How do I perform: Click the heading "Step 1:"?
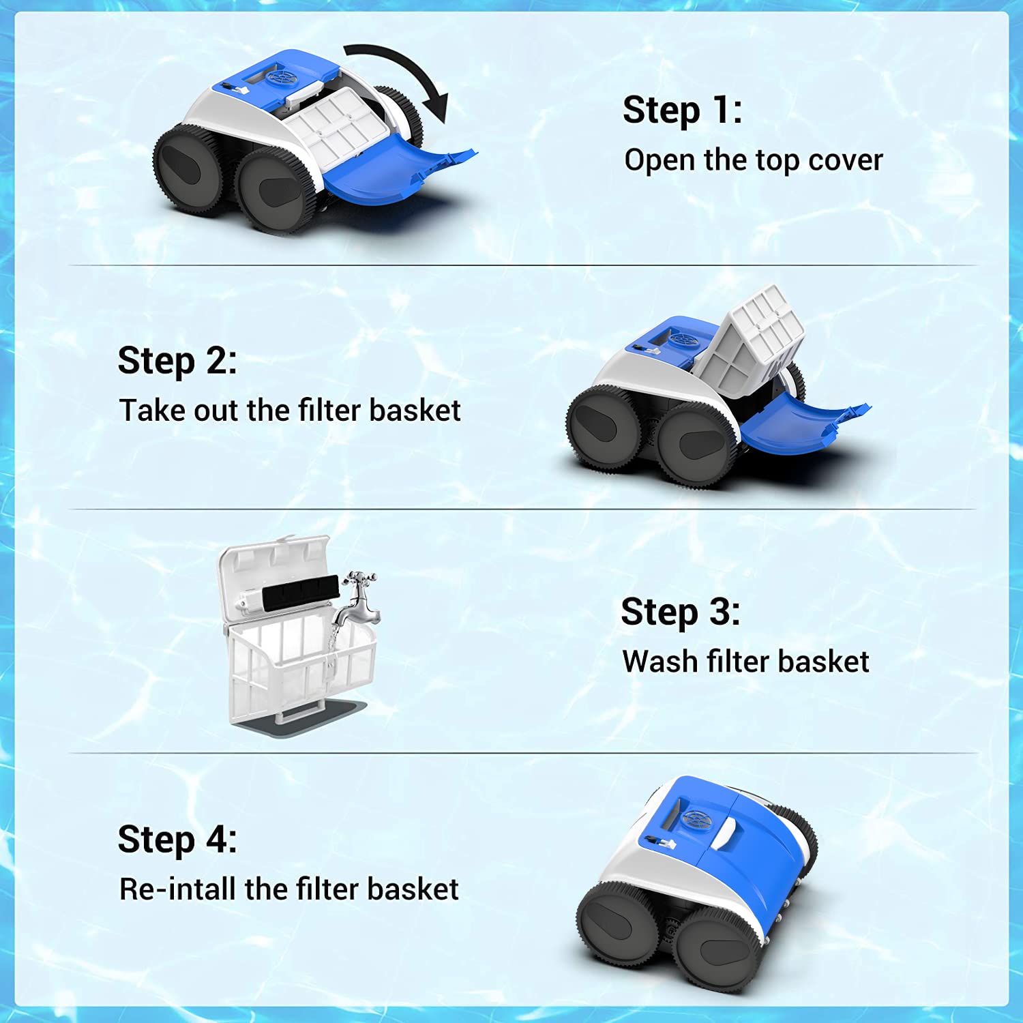682,110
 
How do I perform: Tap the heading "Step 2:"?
177,361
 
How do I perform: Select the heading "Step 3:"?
680,612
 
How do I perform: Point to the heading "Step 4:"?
177,840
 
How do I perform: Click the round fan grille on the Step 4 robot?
696,818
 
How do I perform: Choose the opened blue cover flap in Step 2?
798,426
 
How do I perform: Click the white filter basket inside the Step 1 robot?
334,126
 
